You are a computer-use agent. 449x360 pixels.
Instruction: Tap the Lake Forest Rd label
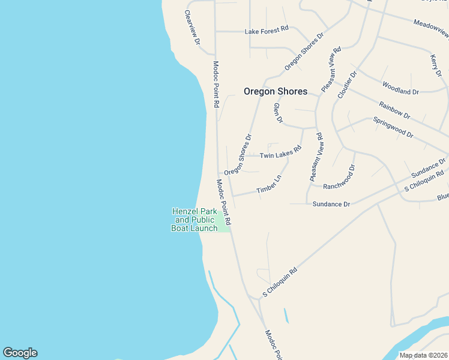267,29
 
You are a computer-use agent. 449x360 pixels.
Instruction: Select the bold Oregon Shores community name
275,92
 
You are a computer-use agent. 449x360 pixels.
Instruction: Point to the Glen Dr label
277,113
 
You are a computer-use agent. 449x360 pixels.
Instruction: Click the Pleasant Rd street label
331,69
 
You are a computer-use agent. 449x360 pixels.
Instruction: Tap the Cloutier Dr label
348,85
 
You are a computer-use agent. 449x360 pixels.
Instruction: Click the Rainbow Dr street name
394,110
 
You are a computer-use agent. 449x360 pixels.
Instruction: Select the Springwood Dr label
393,127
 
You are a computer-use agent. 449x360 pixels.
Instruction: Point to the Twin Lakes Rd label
280,154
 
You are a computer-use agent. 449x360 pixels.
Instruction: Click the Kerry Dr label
436,64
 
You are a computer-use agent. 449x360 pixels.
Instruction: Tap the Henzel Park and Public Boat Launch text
194,220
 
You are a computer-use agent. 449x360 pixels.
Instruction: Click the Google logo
20,353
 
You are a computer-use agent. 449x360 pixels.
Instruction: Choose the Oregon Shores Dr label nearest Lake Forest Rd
304,51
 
